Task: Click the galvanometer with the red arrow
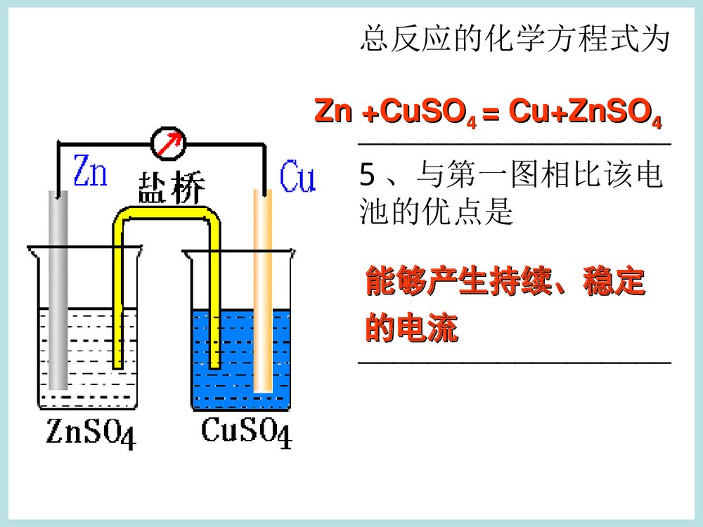[169, 143]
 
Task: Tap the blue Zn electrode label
[90, 172]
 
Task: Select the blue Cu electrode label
[297, 176]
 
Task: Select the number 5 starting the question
[366, 176]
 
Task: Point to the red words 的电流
[411, 329]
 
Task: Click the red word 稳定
[614, 282]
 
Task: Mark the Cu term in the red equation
[527, 112]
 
